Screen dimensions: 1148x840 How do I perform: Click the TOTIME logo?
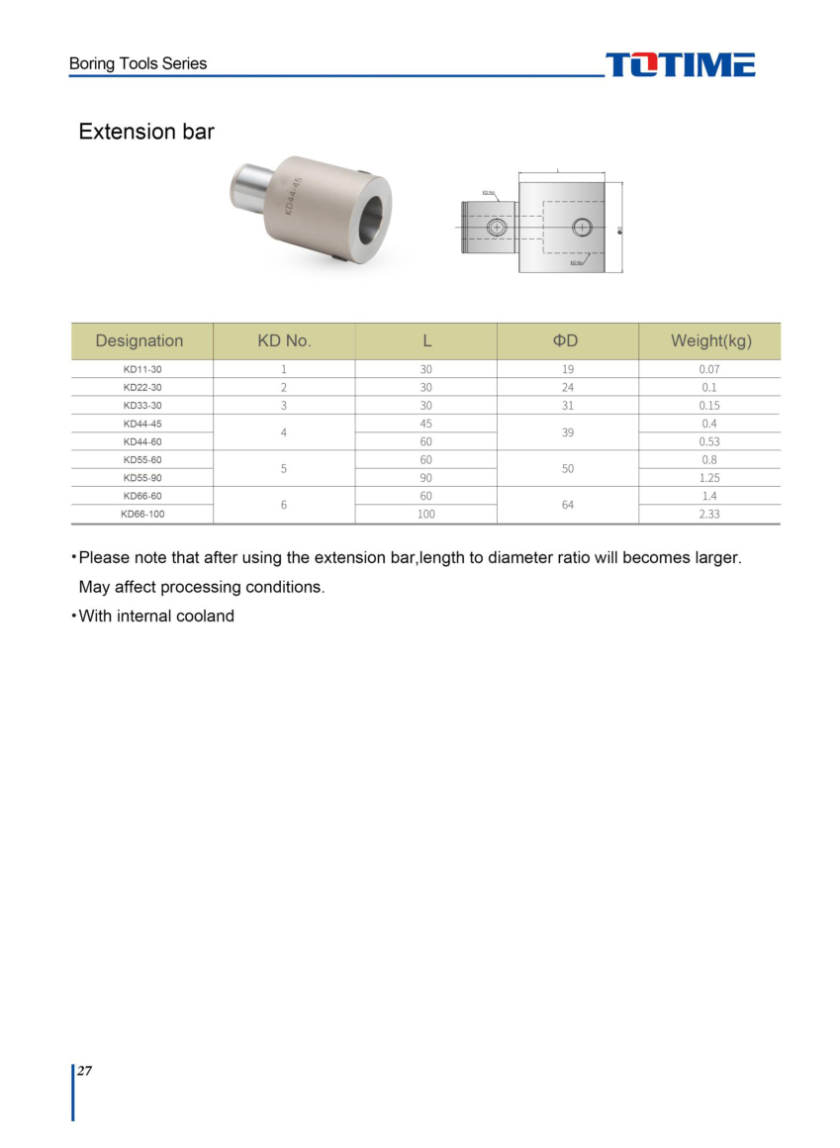pos(680,65)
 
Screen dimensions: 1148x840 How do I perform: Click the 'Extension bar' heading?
pos(146,132)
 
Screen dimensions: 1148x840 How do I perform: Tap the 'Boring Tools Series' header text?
pos(138,63)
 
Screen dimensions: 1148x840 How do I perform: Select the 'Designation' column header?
pos(140,340)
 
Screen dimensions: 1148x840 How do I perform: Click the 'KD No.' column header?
pos(284,340)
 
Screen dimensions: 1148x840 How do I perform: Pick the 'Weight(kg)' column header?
pos(710,340)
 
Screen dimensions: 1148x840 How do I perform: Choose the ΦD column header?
pos(567,340)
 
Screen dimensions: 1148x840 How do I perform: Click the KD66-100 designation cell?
pos(141,515)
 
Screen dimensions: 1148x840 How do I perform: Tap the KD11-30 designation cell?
pos(141,369)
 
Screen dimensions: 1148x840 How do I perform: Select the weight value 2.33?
pos(709,515)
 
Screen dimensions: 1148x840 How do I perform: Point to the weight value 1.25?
pos(709,478)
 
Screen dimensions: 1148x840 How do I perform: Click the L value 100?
pos(425,515)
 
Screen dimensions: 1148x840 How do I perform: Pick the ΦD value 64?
pos(568,505)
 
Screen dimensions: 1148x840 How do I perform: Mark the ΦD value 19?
pos(568,369)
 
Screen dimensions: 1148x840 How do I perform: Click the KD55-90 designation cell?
pos(141,478)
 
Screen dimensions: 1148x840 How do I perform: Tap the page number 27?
pos(85,1071)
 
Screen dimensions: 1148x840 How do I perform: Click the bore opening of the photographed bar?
pos(372,213)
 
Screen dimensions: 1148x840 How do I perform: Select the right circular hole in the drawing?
pos(582,228)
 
